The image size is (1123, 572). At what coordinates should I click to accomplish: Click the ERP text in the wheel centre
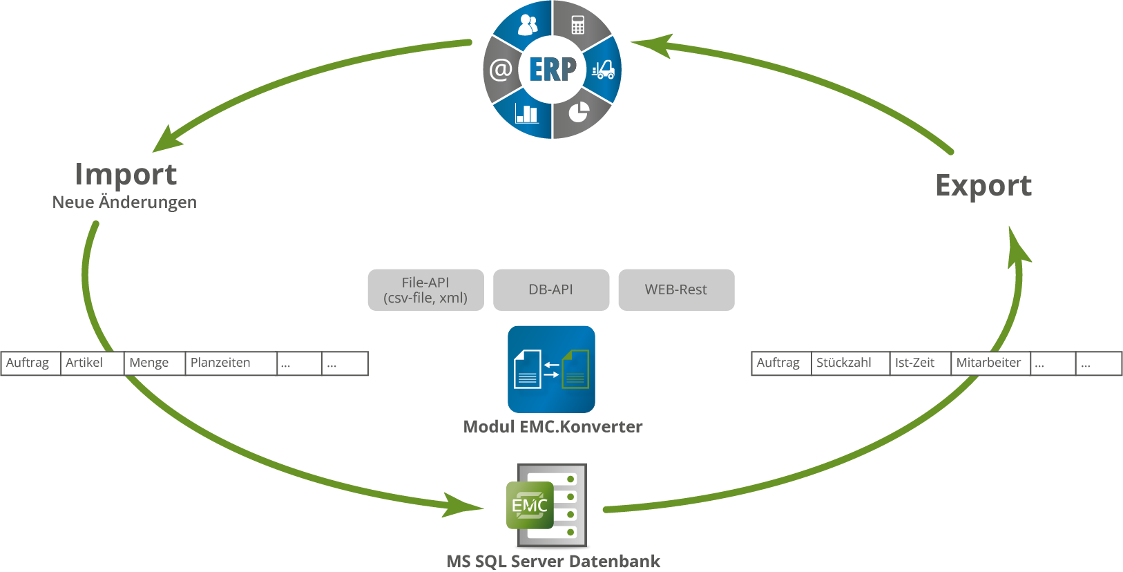(553, 69)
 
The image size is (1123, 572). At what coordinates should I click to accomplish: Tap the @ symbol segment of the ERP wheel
(501, 69)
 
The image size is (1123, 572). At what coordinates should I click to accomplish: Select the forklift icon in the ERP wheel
(603, 69)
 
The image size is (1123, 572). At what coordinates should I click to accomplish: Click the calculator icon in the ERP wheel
(578, 26)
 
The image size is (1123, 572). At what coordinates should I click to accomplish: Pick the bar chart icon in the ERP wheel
(527, 113)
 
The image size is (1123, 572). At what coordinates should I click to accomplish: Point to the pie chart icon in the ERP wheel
(579, 112)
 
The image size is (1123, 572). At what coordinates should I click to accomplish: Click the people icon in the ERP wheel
(527, 25)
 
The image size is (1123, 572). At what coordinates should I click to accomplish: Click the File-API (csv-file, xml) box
(425, 290)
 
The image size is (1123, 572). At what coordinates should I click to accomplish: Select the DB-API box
(551, 290)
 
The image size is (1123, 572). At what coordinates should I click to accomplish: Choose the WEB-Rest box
(676, 290)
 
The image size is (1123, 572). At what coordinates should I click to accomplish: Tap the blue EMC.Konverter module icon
(551, 369)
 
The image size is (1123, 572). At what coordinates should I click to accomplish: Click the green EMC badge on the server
(530, 506)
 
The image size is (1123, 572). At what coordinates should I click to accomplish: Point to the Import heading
(126, 174)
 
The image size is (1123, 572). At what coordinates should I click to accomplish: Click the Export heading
(983, 186)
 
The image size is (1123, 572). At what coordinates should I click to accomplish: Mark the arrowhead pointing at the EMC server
(464, 506)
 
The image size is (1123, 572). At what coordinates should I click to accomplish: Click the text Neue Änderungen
(124, 202)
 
